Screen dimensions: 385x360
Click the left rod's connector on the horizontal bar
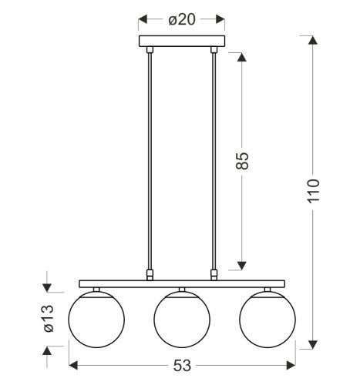tap(150, 273)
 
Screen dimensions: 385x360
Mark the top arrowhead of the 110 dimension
tap(311, 40)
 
